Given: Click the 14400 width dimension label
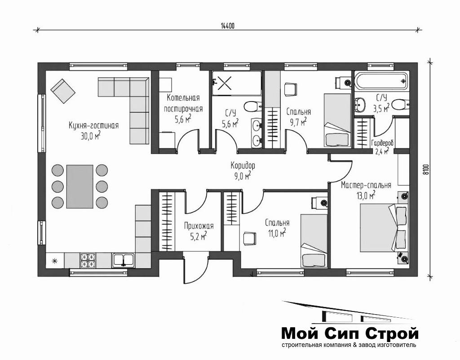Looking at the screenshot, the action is coord(228,26).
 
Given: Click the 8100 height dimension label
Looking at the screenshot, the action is coord(426,169).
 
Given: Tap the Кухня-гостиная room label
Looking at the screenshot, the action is coord(93,125).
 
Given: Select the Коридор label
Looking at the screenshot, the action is coord(243,165).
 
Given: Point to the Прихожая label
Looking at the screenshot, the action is coord(199,226).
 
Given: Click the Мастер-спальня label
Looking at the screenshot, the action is coord(366,185).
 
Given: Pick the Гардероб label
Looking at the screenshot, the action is coord(383,143).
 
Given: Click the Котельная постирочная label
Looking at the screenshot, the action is coord(183,103).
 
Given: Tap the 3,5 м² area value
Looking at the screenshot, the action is coord(381,109).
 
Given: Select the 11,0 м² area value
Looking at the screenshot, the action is coord(277,234).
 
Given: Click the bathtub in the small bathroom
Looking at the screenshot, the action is coord(381,81).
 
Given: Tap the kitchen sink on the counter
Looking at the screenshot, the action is coord(123,260).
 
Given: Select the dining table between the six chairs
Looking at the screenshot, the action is coord(80,187).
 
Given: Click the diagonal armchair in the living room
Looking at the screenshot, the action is coord(63,91).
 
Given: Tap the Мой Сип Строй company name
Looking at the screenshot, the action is coord(349,333).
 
